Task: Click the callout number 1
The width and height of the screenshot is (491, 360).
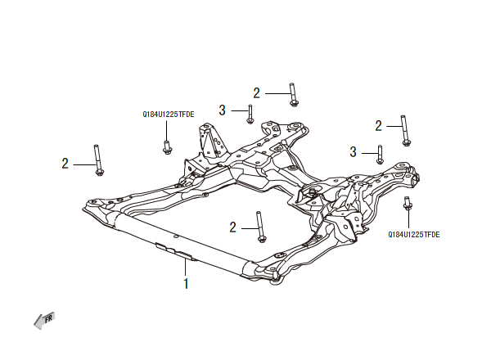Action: (186, 285)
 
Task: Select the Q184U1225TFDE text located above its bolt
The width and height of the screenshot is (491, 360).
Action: (168, 115)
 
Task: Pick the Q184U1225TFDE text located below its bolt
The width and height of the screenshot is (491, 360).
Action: (414, 234)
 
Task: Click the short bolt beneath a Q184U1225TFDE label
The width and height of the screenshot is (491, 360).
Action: (168, 146)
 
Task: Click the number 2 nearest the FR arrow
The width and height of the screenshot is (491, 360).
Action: (65, 164)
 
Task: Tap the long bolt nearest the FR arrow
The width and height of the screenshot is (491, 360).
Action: (98, 159)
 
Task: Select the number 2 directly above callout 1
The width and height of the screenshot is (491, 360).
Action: (233, 227)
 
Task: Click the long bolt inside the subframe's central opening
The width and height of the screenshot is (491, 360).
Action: (260, 226)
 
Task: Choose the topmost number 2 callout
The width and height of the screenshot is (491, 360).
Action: (256, 93)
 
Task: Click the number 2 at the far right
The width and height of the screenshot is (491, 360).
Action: (379, 126)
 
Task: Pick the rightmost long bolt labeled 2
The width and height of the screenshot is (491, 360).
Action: (404, 131)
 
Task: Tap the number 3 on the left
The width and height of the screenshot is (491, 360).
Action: (222, 110)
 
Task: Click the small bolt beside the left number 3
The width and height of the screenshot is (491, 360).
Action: (250, 114)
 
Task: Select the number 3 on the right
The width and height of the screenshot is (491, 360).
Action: (354, 151)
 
